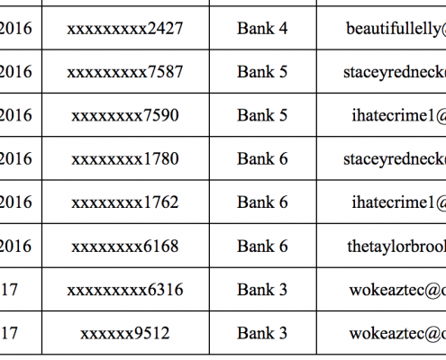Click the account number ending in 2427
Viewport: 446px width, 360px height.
pos(125,29)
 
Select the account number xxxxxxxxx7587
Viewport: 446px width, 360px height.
pos(125,72)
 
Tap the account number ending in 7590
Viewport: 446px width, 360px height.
pos(125,116)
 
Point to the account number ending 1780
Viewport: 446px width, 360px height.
pos(125,159)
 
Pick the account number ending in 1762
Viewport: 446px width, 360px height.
pos(125,202)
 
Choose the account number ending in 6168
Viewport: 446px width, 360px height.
pos(125,247)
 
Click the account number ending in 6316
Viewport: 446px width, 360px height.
pos(125,290)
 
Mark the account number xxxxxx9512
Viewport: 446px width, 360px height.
pos(125,333)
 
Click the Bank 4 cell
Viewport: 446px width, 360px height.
pos(262,29)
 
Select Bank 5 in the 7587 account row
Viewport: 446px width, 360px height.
pos(262,72)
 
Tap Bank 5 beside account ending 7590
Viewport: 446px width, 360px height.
pos(262,115)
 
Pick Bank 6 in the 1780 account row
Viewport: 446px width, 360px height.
pos(262,158)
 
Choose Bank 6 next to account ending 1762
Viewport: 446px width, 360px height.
pos(262,202)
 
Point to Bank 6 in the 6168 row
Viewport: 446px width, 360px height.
pos(262,246)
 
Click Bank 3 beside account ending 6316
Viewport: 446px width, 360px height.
pos(262,290)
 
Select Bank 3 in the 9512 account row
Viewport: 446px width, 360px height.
pos(262,333)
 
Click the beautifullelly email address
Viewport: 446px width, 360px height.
pos(396,30)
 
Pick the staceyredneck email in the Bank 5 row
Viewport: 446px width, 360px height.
pos(395,73)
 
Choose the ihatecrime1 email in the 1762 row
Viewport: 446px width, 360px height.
pos(399,202)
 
